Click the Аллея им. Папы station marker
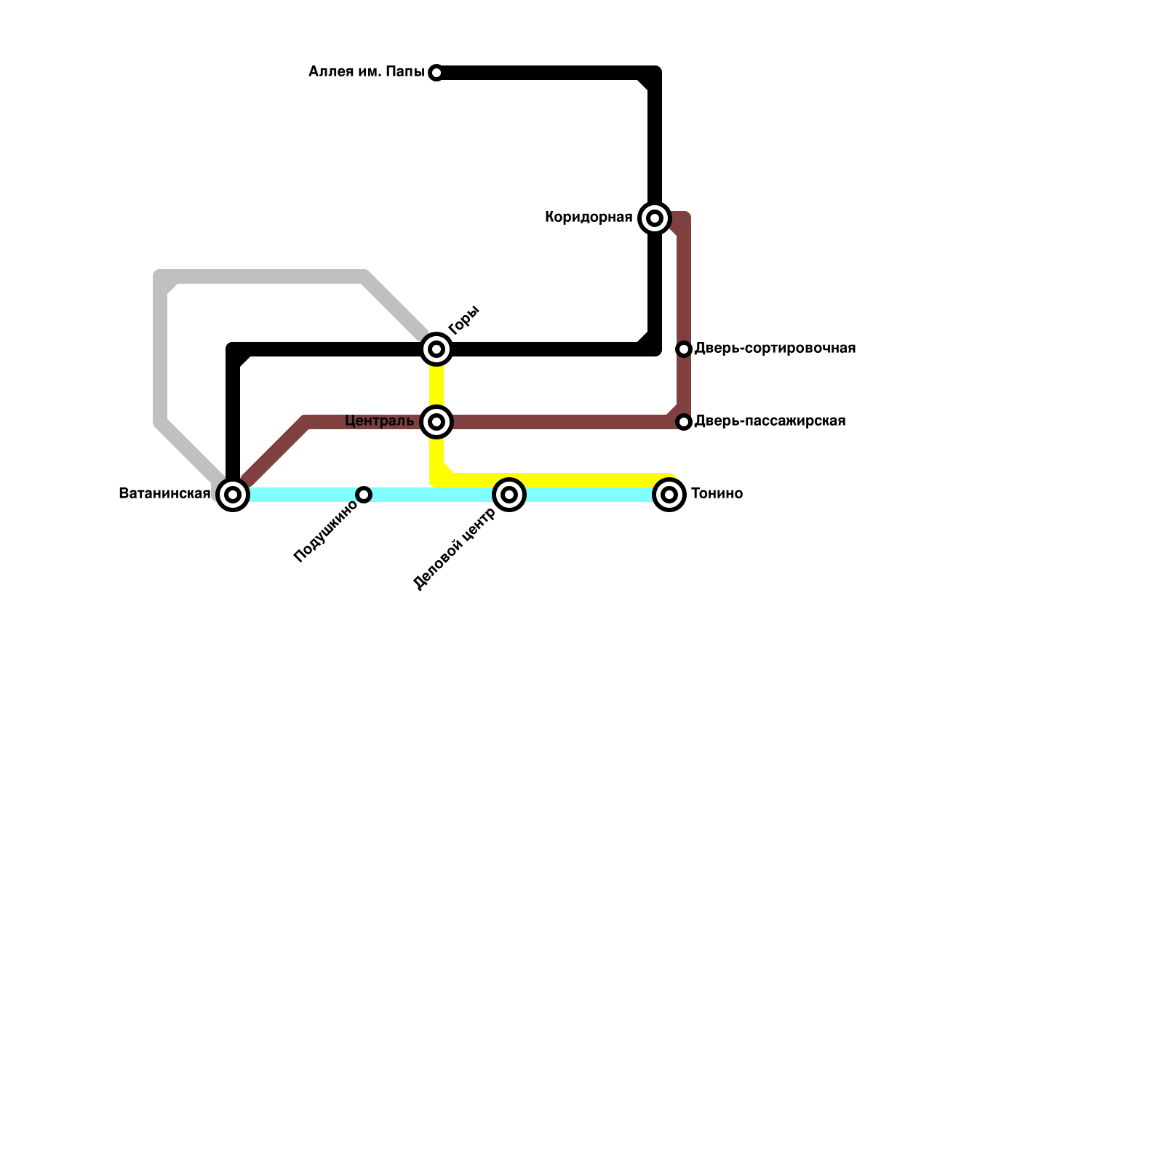[436, 73]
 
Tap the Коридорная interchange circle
[655, 218]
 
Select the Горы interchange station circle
[436, 349]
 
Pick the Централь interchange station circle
[436, 422]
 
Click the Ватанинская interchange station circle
[233, 495]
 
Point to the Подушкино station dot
[364, 495]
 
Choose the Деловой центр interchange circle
[509, 495]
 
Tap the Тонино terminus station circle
[669, 495]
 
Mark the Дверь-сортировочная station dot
[684, 349]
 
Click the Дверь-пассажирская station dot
[684, 422]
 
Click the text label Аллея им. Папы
[366, 71]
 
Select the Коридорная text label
[589, 217]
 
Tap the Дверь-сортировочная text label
[775, 348]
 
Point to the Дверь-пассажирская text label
[770, 421]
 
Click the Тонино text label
[717, 494]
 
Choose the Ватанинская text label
[164, 494]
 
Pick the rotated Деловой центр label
[454, 549]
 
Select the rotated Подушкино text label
[325, 532]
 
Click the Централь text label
[379, 421]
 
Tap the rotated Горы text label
[463, 320]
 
